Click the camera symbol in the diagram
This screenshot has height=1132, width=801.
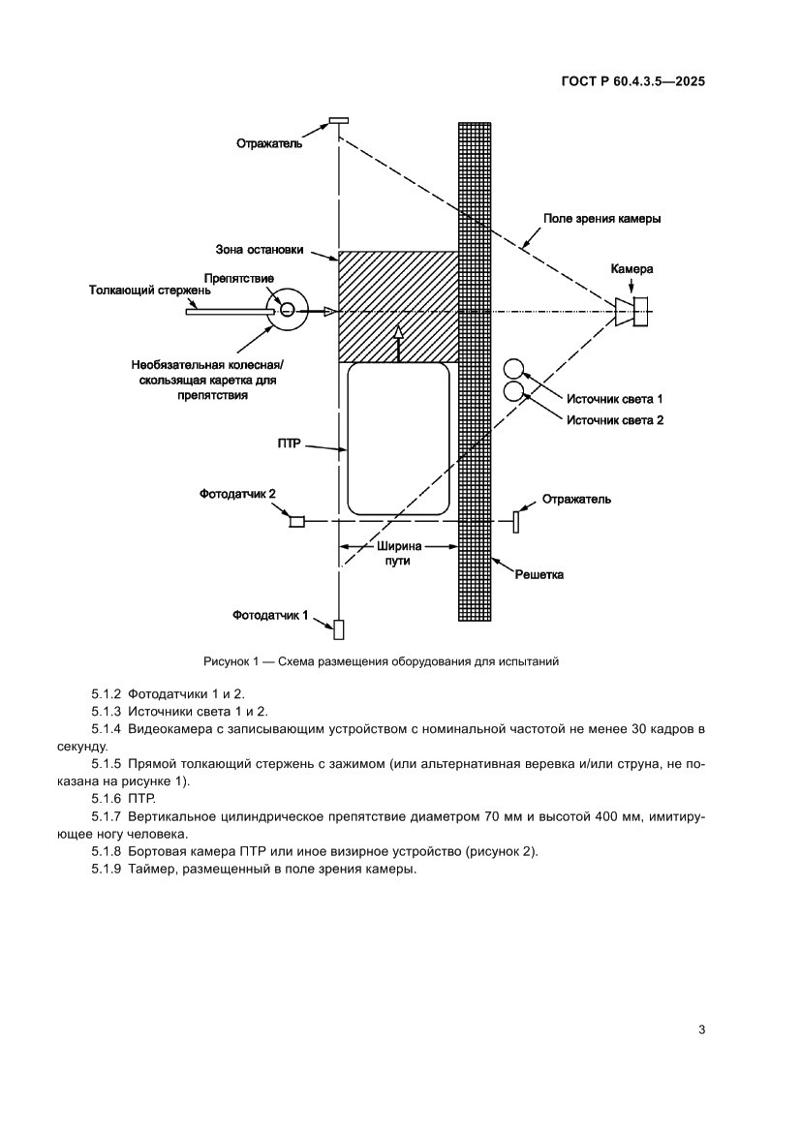click(634, 311)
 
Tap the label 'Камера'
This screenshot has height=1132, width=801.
click(632, 268)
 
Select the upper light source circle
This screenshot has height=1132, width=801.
click(513, 370)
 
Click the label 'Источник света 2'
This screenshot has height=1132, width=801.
click(615, 419)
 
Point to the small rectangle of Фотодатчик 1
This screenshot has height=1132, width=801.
click(338, 628)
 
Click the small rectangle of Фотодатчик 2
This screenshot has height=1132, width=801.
click(297, 522)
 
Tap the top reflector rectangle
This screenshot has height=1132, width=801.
click(338, 120)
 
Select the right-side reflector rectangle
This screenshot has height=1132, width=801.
click(516, 521)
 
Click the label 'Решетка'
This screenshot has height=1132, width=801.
click(539, 574)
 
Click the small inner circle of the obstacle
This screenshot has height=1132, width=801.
click(289, 310)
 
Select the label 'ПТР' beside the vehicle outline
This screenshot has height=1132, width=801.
click(290, 444)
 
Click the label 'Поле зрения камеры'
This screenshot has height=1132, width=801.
click(601, 219)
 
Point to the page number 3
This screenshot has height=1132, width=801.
click(700, 1029)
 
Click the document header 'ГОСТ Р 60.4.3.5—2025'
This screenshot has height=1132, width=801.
click(632, 82)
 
